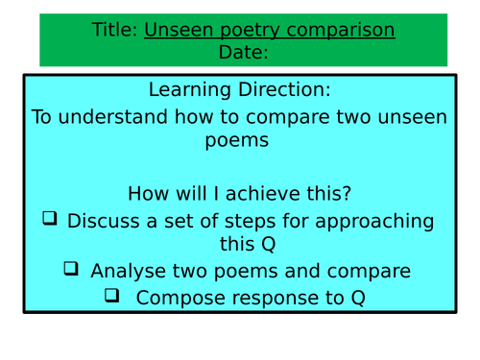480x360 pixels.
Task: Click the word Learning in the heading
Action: pos(188,90)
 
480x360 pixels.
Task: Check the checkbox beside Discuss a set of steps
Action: pos(50,219)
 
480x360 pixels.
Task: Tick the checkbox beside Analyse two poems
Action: pos(71,269)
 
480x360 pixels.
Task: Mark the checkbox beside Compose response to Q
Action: pos(112,296)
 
